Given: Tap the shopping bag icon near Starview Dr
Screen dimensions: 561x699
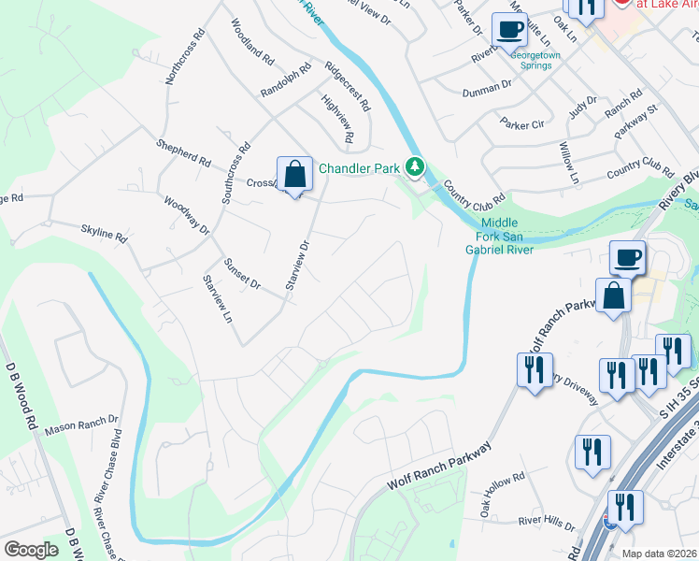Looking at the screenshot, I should pos(294,175).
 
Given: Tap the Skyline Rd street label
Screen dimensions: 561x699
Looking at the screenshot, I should pos(103,234).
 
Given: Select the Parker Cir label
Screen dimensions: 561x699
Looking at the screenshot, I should pos(521,124).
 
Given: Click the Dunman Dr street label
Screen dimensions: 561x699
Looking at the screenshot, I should pos(487,91).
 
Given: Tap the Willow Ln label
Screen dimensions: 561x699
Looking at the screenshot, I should pos(568,163).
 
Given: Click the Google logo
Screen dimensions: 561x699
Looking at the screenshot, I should pos(31,550).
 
